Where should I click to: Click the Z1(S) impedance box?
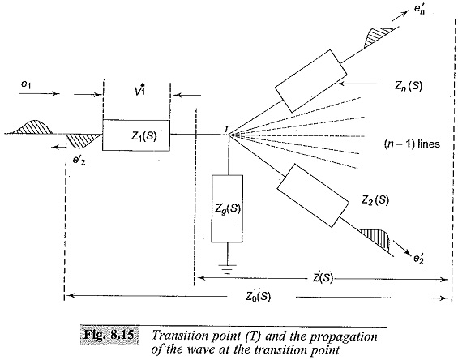coord(136,135)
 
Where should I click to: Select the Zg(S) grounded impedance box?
coord(227,208)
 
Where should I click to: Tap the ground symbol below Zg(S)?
coord(227,269)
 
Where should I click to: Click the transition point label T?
coord(227,128)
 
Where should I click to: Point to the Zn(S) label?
coord(409,85)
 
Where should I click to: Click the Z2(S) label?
coord(375,200)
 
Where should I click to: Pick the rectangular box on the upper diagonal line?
coord(311,81)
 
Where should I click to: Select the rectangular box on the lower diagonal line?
coord(313,195)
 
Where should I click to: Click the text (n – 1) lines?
coord(412,144)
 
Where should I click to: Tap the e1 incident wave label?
coord(25,84)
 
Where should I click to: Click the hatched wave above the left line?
coord(32,126)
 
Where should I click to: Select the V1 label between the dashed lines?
coord(140,89)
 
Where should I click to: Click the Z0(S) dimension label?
coord(258,297)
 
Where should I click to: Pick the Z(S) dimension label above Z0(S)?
coord(323,277)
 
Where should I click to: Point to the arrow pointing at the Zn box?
coord(357,84)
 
